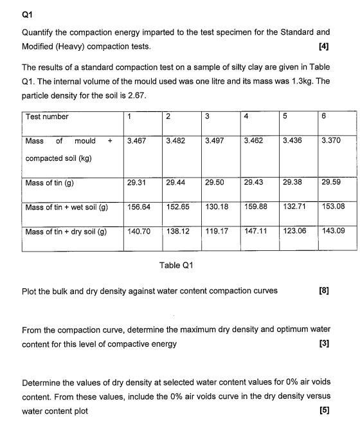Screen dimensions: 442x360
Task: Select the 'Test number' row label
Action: [x=48, y=117]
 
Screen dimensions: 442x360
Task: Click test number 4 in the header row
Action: [x=247, y=117]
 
